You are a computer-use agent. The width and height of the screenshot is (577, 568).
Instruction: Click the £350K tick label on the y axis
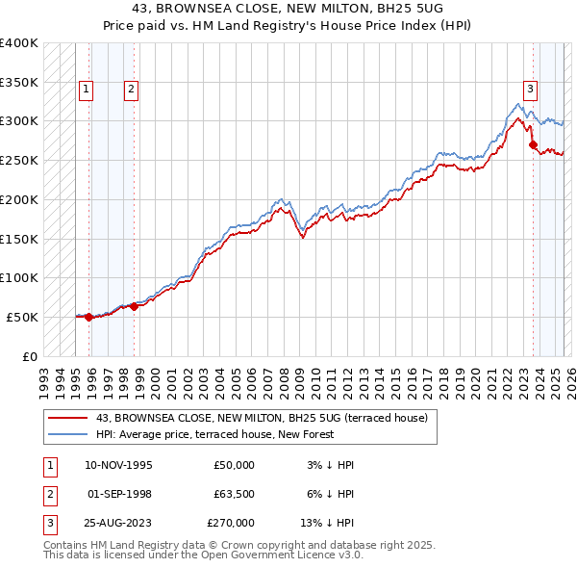point(19,83)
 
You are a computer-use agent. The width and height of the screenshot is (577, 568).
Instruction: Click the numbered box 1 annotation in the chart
point(87,90)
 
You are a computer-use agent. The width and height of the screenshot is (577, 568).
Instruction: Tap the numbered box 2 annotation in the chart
point(131,90)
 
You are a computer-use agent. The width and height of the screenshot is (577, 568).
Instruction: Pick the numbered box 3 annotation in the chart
point(530,90)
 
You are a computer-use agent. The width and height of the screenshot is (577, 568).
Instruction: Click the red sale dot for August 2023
point(533,144)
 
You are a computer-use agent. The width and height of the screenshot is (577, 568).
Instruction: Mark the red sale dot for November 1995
point(88,317)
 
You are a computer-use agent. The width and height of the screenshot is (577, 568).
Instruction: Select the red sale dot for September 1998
point(134,306)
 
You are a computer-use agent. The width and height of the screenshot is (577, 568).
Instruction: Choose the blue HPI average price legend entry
point(213,434)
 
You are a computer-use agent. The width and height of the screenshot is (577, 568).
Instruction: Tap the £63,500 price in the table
point(231,494)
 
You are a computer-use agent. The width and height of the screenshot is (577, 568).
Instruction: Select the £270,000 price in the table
point(231,523)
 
